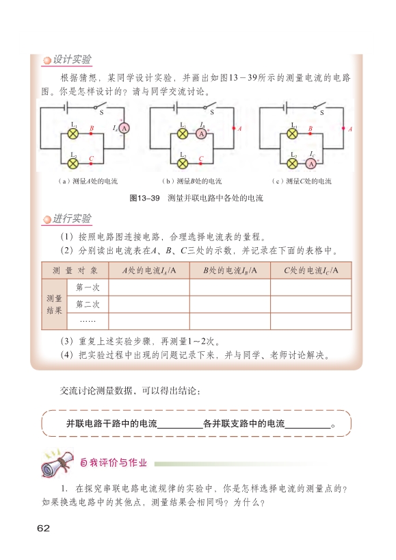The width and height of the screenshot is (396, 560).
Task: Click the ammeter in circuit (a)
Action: tap(124, 128)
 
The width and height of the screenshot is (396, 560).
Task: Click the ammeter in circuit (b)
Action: tap(201, 134)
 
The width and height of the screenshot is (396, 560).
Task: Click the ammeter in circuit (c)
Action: tap(311, 164)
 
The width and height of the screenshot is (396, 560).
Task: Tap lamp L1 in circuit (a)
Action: tap(73, 134)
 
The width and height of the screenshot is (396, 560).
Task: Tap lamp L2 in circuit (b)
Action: tap(183, 164)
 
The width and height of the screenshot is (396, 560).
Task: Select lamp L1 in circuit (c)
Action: tap(293, 134)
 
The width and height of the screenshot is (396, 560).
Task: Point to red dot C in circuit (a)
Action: tap(91, 164)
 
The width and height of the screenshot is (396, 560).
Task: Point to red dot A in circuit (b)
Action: tap(234, 128)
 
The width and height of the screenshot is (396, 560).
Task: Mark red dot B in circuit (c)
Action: tap(310, 133)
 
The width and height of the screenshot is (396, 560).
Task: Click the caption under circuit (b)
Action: tap(192, 181)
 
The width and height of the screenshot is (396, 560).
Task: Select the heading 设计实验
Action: tap(72, 60)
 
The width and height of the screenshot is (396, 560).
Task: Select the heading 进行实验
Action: tap(72, 218)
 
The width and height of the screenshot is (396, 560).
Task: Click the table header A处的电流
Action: tap(149, 270)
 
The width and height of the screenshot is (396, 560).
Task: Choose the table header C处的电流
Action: tap(311, 270)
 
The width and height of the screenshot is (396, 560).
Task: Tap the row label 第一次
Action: tap(88, 288)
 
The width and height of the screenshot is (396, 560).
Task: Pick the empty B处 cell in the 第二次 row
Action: tap(230, 304)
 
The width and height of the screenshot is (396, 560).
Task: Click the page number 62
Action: tap(44, 529)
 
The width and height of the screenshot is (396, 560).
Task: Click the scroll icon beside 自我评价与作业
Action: tap(57, 463)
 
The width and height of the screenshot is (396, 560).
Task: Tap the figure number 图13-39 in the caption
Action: tap(144, 199)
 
